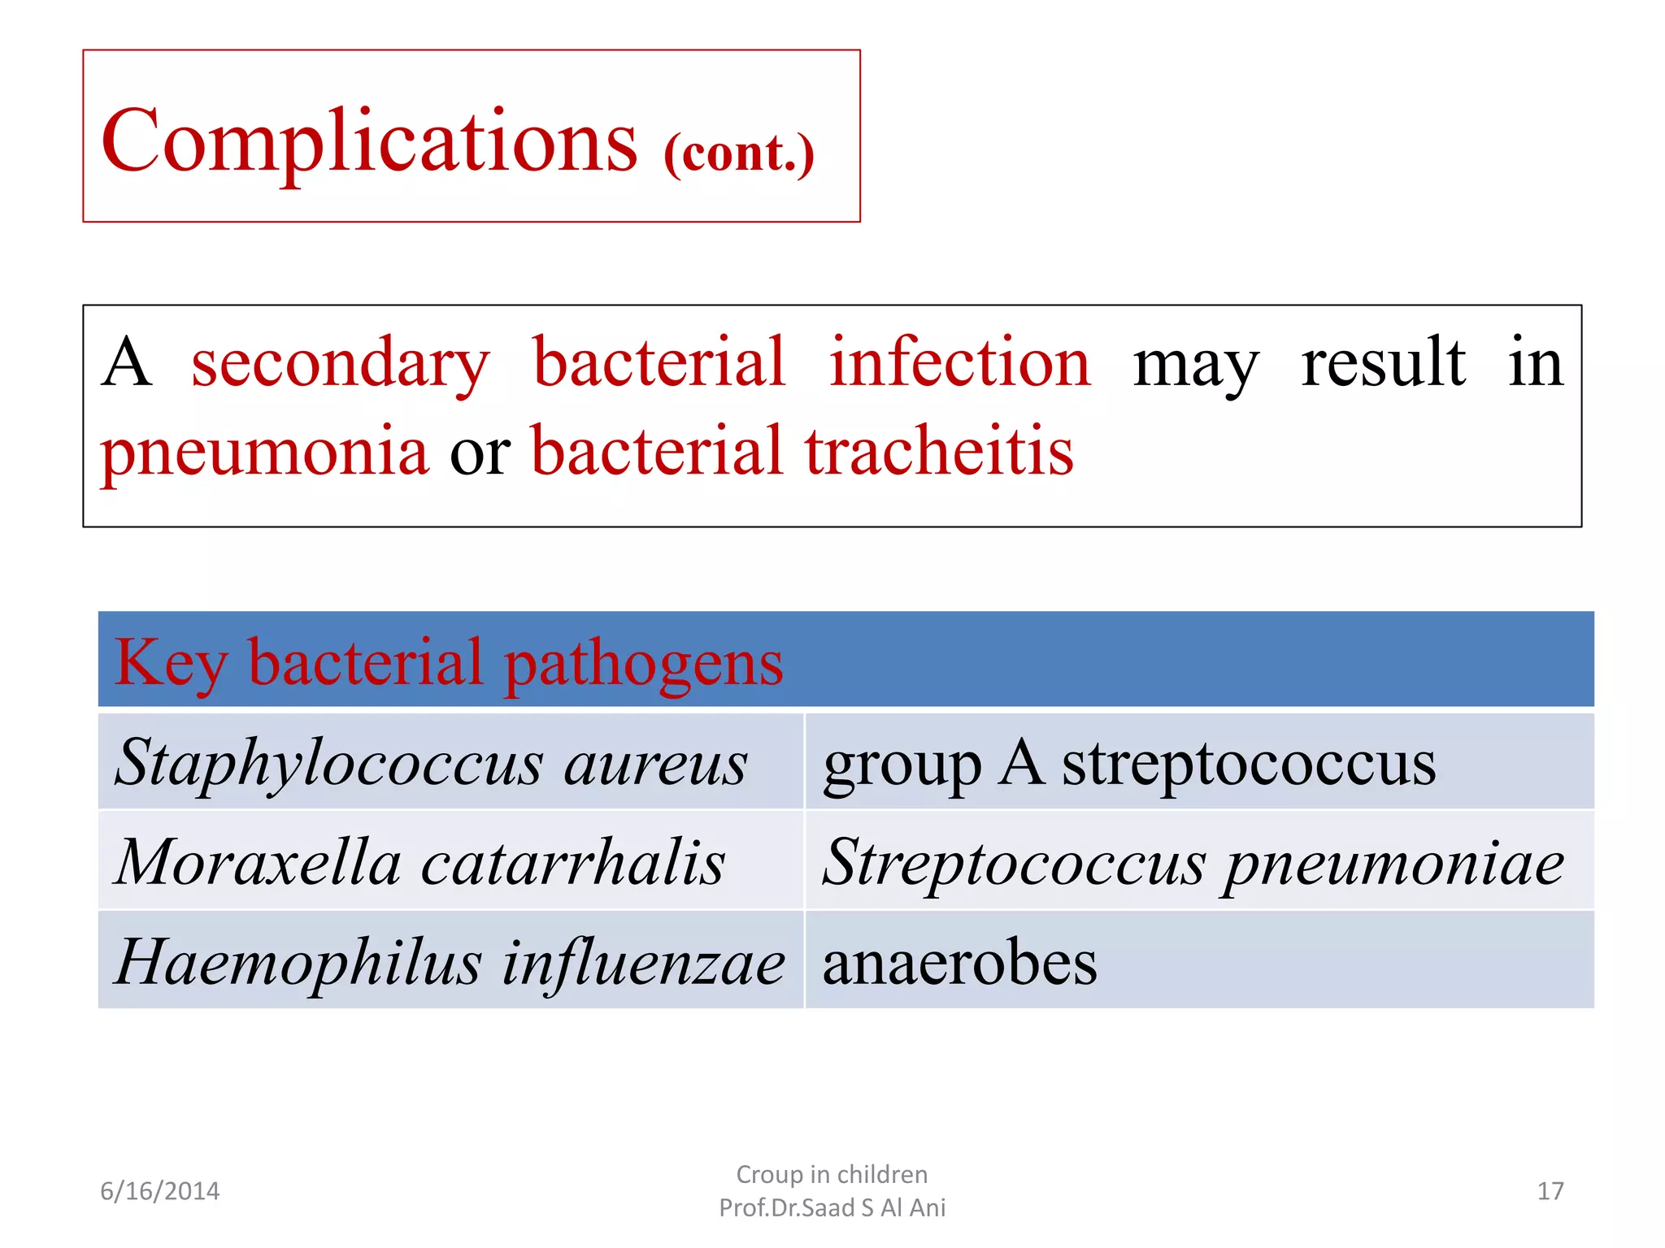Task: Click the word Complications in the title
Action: coord(369,141)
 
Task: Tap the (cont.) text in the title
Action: coord(738,152)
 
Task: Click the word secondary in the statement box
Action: coord(340,362)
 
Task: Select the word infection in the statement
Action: coord(959,362)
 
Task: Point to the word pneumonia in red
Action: coord(264,452)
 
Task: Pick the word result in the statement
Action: coord(1383,362)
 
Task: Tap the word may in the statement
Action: coord(1196,365)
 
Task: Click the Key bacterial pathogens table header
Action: coord(449,662)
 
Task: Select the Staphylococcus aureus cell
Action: coord(431,763)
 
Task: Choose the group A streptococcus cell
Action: coord(1129,763)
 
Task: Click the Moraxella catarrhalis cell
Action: coord(420,862)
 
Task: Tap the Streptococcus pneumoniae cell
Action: coord(1193,862)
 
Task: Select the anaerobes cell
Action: coord(959,962)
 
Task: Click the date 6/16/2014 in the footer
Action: coord(159,1191)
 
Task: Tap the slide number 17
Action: coord(1550,1191)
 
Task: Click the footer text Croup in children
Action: coord(832,1174)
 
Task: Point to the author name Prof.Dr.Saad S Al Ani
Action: coord(832,1208)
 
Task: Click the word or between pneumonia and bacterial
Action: coord(480,453)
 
